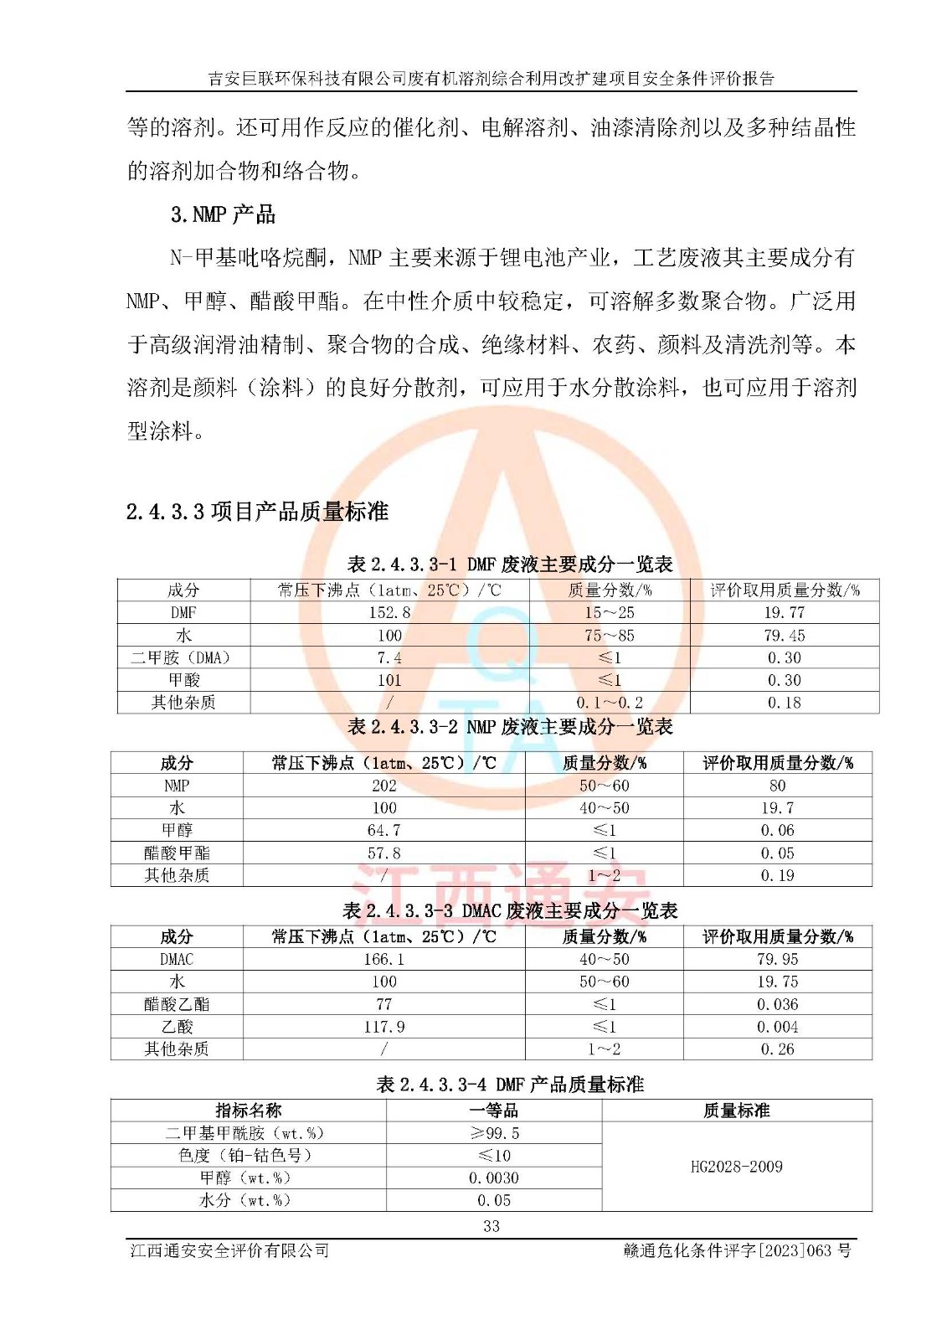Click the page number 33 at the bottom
492,1226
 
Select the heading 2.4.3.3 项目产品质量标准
257,512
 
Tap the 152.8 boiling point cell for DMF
389,612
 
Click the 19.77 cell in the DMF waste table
784,612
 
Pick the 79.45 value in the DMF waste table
784,635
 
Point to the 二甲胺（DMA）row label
183,657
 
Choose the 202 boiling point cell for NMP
384,786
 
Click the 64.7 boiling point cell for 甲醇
384,830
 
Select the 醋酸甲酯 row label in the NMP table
177,853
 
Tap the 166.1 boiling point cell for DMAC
384,959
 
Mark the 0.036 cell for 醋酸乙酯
777,1004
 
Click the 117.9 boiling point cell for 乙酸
384,1027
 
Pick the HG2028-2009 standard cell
736,1167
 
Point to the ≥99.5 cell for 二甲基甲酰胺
494,1133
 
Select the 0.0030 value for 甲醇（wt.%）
494,1178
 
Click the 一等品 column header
494,1111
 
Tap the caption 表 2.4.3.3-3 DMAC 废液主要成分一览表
510,910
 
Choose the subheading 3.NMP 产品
223,215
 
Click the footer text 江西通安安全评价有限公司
229,1250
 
